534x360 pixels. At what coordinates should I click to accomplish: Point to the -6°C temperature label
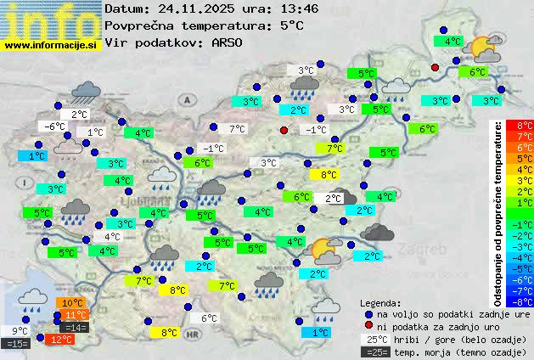point(54,127)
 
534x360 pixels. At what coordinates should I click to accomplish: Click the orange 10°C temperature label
point(72,302)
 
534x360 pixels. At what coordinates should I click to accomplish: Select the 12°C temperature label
point(60,340)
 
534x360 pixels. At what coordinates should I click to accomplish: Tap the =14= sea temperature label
point(75,327)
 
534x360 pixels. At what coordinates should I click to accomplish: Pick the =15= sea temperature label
point(16,343)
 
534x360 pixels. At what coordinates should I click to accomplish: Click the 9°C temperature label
point(20,331)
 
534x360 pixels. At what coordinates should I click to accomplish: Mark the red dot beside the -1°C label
point(284,130)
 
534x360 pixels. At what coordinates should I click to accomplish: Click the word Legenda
point(379,302)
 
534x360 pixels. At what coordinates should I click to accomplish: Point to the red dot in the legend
point(368,326)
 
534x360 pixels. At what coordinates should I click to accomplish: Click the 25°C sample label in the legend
point(374,339)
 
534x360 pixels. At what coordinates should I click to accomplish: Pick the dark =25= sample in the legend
point(374,352)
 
